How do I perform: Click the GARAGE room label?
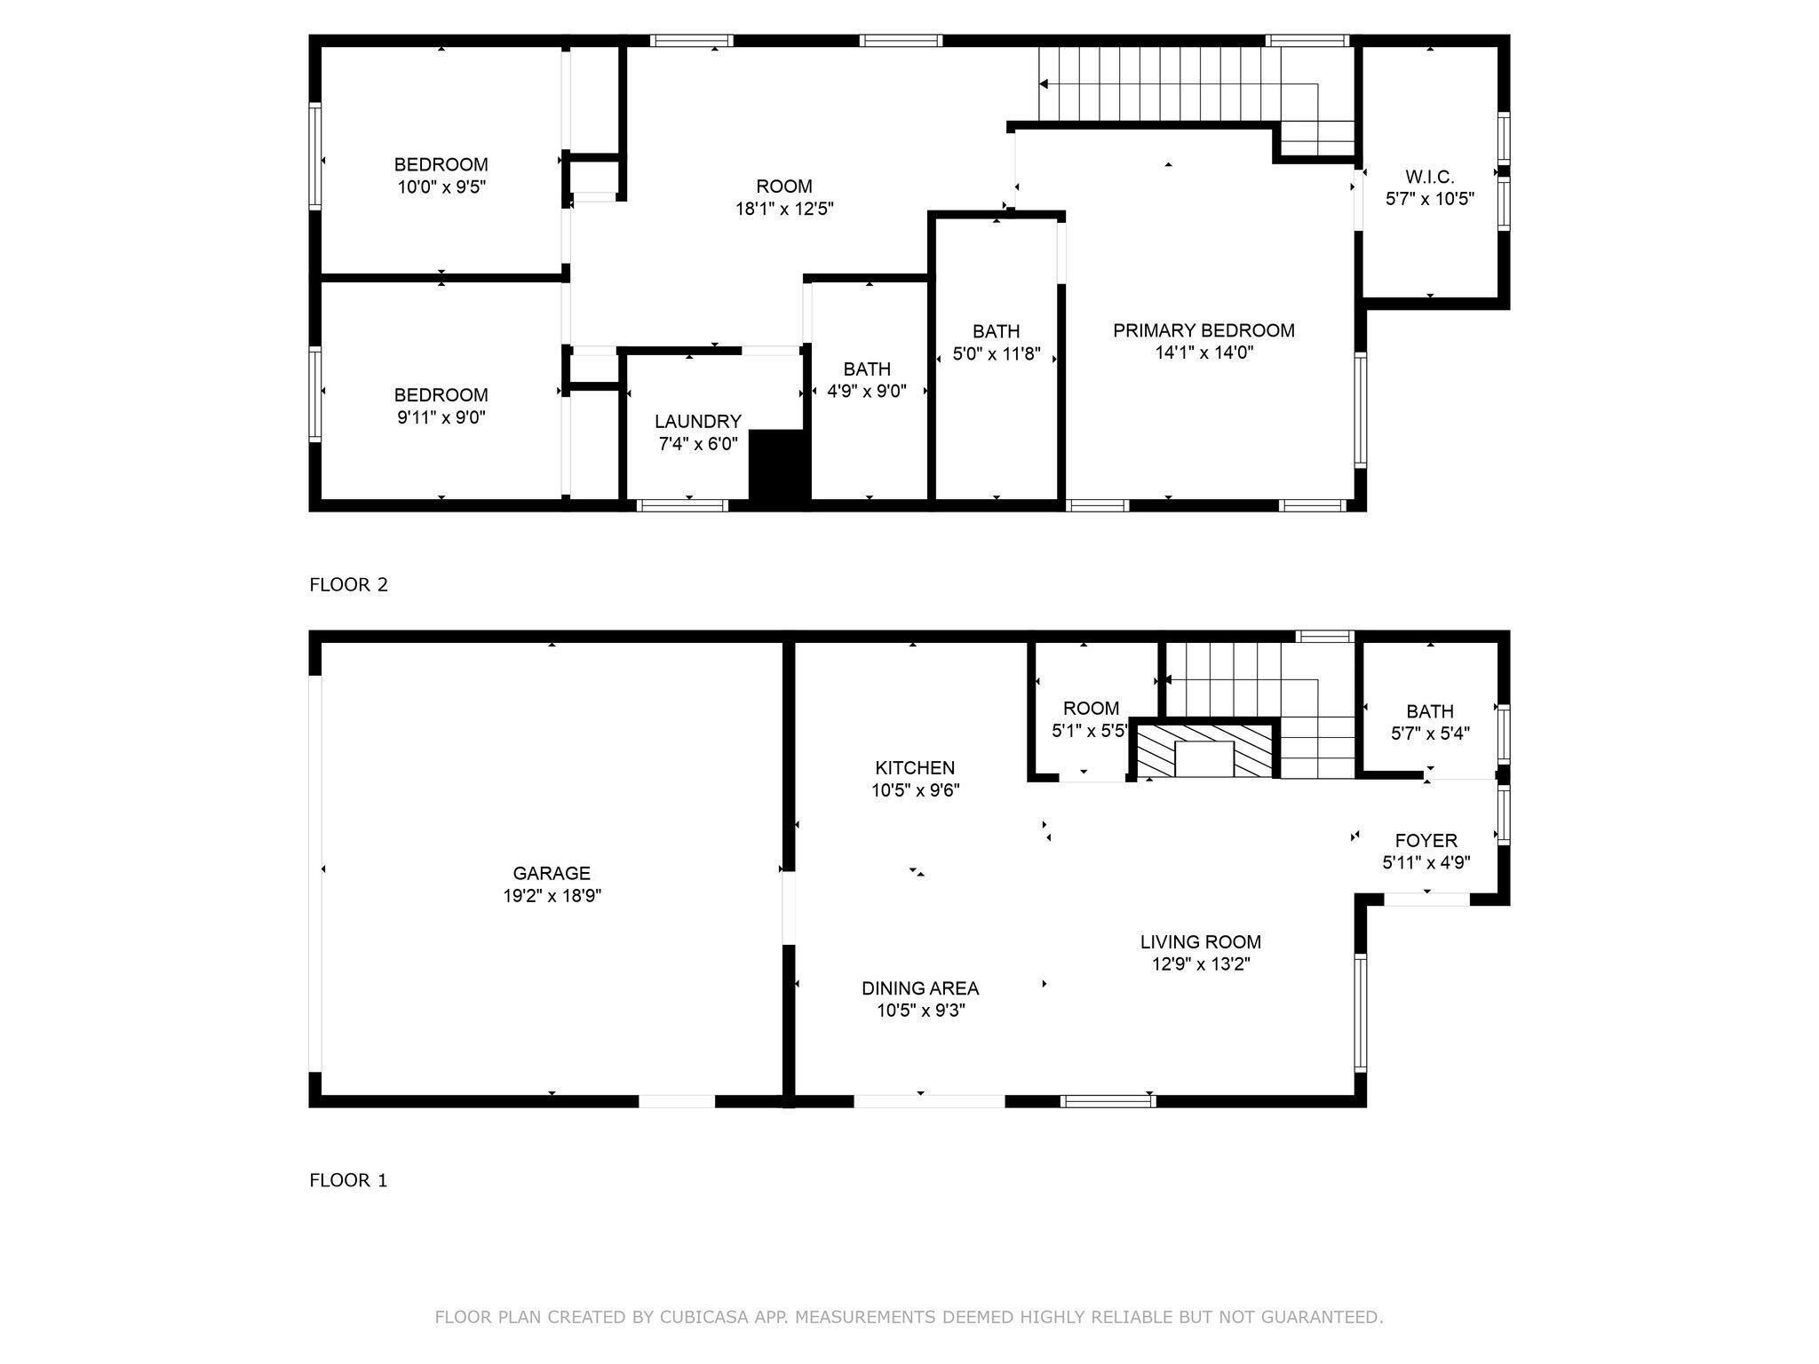point(552,873)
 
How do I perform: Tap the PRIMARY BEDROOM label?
point(1203,330)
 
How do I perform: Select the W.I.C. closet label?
point(1429,177)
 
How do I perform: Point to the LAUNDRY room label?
point(697,422)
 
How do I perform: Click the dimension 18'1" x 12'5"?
point(784,209)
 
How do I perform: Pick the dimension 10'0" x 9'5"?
point(441,187)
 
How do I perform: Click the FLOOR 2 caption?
point(348,584)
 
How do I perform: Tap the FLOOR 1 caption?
point(348,1180)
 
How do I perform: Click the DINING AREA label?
point(920,988)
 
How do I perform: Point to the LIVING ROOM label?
point(1201,942)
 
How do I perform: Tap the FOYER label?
point(1426,840)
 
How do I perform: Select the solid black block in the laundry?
point(779,467)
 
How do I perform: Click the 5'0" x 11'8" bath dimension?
point(996,354)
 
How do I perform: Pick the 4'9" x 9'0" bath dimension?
point(867,392)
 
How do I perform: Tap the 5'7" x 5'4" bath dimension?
point(1430,734)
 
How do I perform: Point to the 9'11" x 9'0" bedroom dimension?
point(441,417)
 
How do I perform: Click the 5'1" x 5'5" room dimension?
point(1090,732)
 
